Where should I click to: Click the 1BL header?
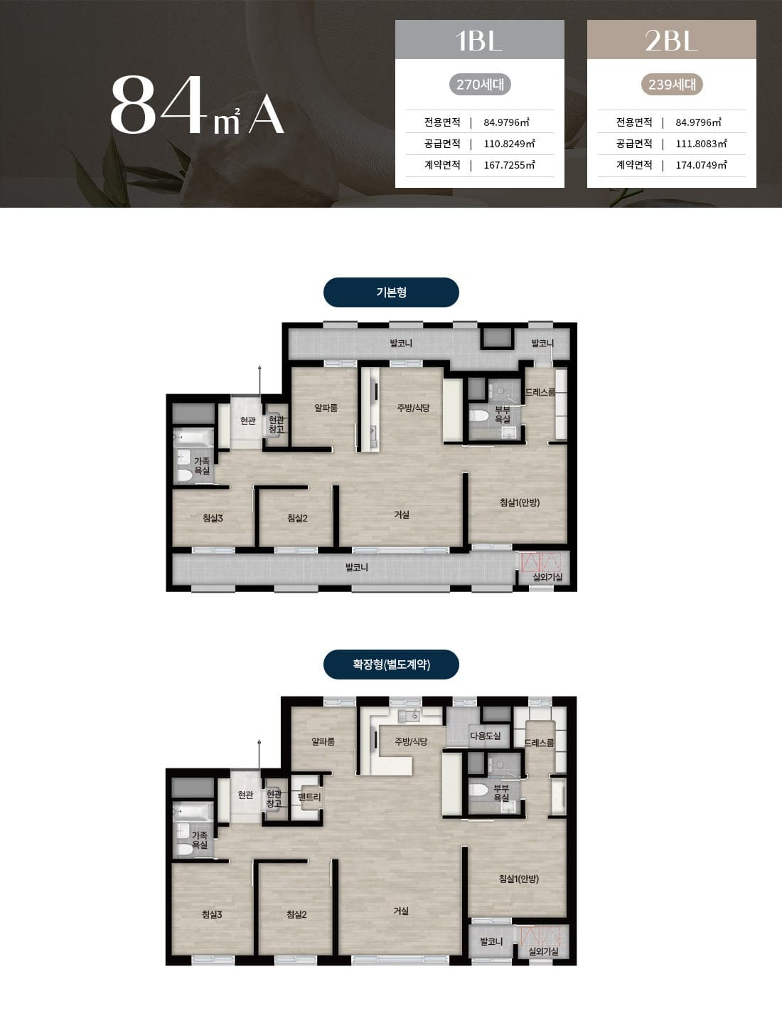click(x=479, y=40)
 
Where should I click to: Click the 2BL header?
click(x=671, y=40)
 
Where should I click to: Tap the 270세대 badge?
click(x=480, y=85)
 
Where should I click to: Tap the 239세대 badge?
click(x=672, y=85)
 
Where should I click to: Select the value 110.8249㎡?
click(x=509, y=144)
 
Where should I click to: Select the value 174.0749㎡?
click(x=701, y=165)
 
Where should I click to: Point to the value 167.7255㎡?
click(x=509, y=165)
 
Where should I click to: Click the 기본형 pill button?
click(x=391, y=292)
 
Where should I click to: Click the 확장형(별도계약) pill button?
click(x=391, y=665)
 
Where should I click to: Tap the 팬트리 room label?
click(x=309, y=797)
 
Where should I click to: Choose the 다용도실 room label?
click(x=486, y=736)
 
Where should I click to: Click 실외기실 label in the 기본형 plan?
click(x=547, y=577)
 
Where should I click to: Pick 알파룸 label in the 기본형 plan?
click(x=326, y=408)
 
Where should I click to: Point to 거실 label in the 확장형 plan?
click(x=401, y=911)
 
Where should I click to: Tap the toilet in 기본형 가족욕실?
click(x=185, y=476)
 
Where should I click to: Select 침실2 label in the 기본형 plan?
click(x=297, y=518)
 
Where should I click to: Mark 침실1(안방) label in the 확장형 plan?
click(x=518, y=879)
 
